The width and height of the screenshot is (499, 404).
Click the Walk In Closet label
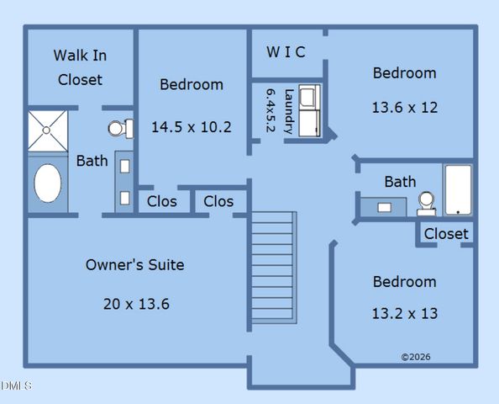click(x=80, y=67)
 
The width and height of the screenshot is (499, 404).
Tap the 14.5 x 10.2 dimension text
click(x=191, y=127)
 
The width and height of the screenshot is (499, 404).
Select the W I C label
click(x=286, y=52)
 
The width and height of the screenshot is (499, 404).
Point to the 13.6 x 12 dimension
click(x=404, y=108)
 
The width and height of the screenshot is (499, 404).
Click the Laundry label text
click(x=289, y=111)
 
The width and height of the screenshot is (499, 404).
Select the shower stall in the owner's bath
click(x=46, y=131)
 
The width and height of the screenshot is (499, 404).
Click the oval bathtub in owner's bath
click(x=47, y=183)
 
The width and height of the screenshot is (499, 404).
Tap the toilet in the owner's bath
click(x=120, y=129)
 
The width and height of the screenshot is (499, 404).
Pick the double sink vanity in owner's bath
click(x=124, y=182)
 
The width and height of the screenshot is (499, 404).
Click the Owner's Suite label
click(x=134, y=265)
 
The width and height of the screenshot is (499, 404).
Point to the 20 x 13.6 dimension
click(x=136, y=304)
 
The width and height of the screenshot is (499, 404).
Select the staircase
click(x=273, y=269)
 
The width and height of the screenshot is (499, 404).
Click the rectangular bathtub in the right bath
click(x=458, y=190)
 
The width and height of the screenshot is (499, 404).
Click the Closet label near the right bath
click(x=446, y=234)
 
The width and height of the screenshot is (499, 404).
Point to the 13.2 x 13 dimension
click(x=404, y=313)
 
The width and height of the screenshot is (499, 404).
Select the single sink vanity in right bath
click(x=384, y=205)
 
